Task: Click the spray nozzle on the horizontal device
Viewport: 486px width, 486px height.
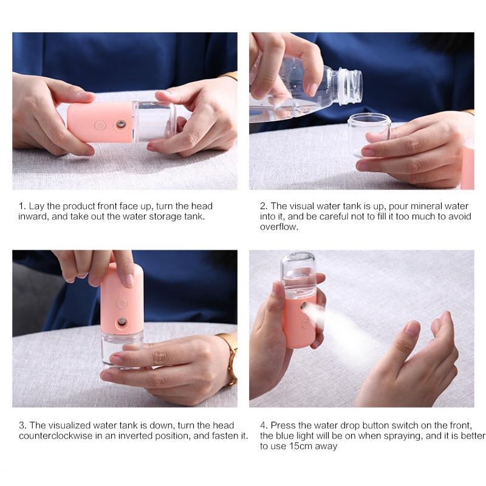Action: [122, 124]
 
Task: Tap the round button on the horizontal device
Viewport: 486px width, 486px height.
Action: [100, 125]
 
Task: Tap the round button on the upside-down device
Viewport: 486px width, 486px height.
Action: [122, 303]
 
